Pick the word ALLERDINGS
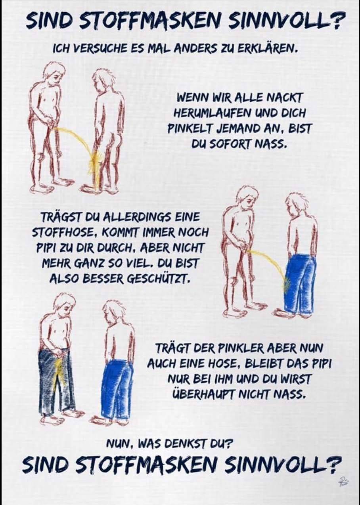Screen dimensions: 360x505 (x=138, y=218)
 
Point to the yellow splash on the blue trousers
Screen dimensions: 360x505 (x=287, y=285)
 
